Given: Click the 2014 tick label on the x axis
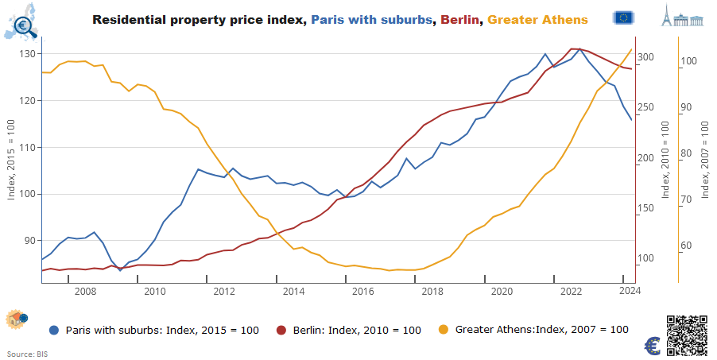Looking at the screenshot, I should point(293,292).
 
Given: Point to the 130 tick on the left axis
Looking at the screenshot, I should point(29,54).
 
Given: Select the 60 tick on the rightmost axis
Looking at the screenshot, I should point(688,246).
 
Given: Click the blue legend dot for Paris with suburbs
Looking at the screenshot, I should point(53,330).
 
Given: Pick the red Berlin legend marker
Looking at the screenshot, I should point(281,330).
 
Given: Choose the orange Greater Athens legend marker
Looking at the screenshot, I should point(444,330).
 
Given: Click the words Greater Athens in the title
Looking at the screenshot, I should point(537,19).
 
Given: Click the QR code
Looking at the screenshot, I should point(687,335).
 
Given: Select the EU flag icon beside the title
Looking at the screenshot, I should point(625,17).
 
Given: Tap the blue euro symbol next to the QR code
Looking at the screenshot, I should point(653,346).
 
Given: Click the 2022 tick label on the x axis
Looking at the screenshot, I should point(571,292).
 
